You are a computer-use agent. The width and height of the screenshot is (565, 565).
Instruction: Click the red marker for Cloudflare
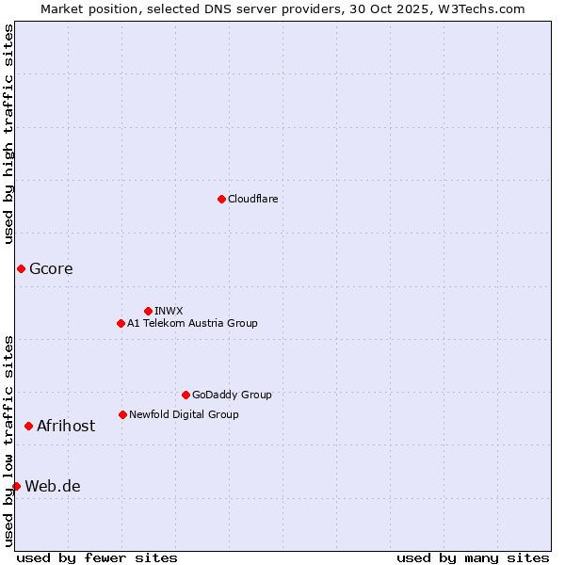tap(221, 199)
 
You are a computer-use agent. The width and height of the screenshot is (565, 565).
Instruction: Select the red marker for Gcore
tap(21, 269)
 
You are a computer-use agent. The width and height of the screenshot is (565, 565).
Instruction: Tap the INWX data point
tap(148, 311)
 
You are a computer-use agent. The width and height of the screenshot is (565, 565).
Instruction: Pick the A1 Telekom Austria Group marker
tap(121, 323)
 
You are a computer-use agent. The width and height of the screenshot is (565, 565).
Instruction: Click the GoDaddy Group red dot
tap(186, 395)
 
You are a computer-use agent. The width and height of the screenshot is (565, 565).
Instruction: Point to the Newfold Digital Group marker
tap(122, 414)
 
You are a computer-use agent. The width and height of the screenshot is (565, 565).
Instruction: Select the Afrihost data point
tap(28, 427)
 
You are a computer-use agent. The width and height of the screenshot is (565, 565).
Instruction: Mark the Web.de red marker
tap(16, 486)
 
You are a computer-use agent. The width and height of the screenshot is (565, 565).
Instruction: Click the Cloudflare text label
tap(252, 199)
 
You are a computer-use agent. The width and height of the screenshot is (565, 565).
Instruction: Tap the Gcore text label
tap(51, 269)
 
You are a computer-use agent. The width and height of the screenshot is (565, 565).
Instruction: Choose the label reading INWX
tap(169, 311)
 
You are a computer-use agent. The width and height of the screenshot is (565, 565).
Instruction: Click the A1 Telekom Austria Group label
tap(192, 323)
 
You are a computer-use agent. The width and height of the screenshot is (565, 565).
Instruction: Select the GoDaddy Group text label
tap(232, 395)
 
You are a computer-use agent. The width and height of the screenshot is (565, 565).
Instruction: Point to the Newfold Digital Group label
tap(184, 414)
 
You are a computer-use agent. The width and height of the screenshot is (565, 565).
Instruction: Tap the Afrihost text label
tap(66, 427)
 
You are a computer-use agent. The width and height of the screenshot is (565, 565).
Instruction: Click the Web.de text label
tap(53, 487)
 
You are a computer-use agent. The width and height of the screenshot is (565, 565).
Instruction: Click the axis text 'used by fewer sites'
tap(97, 557)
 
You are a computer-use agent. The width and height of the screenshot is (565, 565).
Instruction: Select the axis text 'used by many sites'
tap(473, 557)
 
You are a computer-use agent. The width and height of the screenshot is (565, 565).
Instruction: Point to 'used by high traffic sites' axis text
tap(8, 134)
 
